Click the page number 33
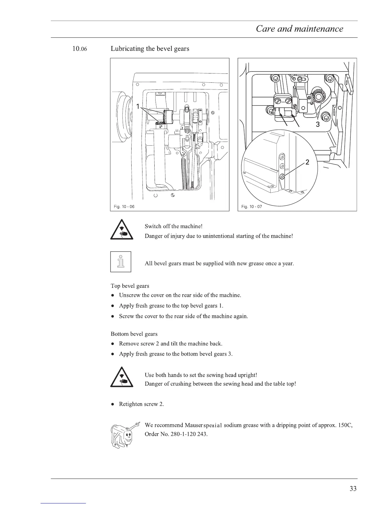click(x=353, y=488)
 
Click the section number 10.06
click(x=80, y=49)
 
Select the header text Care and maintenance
click(x=299, y=29)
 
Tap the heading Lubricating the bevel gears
click(x=150, y=49)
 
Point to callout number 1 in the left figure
click(x=138, y=107)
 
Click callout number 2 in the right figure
click(x=307, y=162)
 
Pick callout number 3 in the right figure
click(x=318, y=125)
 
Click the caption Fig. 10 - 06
click(x=124, y=206)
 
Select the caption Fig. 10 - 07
click(x=252, y=206)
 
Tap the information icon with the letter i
click(x=121, y=262)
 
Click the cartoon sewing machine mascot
click(x=123, y=435)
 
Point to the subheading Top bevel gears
click(x=130, y=286)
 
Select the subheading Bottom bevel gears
click(x=134, y=334)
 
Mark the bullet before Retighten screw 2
click(x=113, y=404)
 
